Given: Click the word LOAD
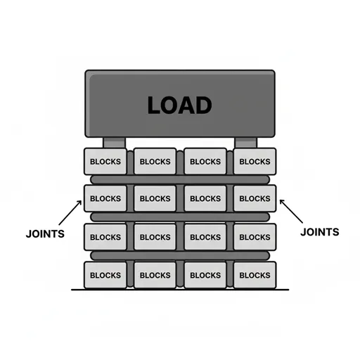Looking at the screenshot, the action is pos(180,105).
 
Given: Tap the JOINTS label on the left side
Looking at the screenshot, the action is pos(45,234).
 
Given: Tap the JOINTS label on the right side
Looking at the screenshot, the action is pos(320,232).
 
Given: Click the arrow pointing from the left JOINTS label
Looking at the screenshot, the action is pos(70,213).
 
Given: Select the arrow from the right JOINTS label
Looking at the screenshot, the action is pos(291,211).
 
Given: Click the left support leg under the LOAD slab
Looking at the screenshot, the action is pos(115,143).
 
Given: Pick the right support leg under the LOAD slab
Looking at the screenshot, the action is pos(245,143).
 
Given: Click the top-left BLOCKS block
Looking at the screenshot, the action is pos(105,161).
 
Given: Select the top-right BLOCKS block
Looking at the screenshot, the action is pos(255,161).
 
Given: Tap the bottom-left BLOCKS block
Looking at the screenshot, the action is pos(105,275).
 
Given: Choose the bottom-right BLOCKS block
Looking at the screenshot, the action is pos(255,275).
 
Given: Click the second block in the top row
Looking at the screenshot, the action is pos(155,161).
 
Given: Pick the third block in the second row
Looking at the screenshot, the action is pos(205,198).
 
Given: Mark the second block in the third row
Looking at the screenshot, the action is pos(155,237).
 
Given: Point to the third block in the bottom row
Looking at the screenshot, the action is pos(205,275).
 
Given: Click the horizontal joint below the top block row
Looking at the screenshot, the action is pos(180,180).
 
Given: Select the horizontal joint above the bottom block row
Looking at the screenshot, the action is pos(180,256).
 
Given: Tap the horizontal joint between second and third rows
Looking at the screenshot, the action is pos(180,217).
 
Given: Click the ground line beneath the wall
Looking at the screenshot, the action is pos(180,290).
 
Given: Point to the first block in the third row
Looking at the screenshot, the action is pos(105,237).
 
